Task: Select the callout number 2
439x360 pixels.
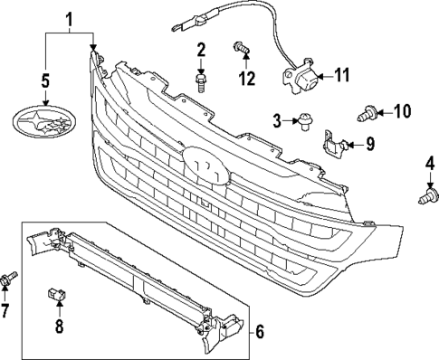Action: pyautogui.click(x=201, y=49)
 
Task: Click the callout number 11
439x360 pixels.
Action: pyautogui.click(x=343, y=76)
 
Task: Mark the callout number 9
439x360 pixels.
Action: pyautogui.click(x=369, y=144)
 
